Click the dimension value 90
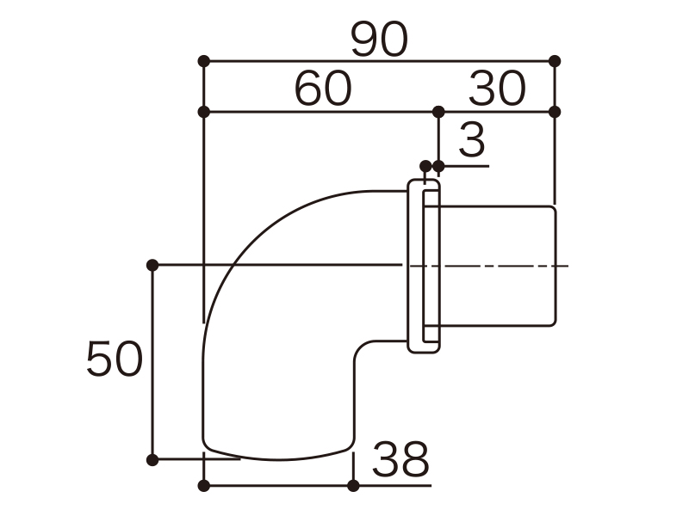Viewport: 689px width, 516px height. pyautogui.click(x=380, y=40)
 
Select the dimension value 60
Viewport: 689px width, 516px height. pyautogui.click(x=323, y=89)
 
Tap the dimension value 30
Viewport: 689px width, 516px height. pyautogui.click(x=497, y=89)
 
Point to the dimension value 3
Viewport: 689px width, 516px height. pyautogui.click(x=472, y=140)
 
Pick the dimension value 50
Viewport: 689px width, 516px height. pyautogui.click(x=115, y=359)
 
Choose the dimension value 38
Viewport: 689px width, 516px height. pyautogui.click(x=400, y=459)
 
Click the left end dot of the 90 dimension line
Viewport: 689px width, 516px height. pyautogui.click(x=204, y=61)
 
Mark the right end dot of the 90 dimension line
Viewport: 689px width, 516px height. pyautogui.click(x=555, y=61)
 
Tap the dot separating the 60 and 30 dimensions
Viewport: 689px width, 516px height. pyautogui.click(x=438, y=112)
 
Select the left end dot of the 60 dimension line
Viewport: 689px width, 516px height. pyautogui.click(x=204, y=112)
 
